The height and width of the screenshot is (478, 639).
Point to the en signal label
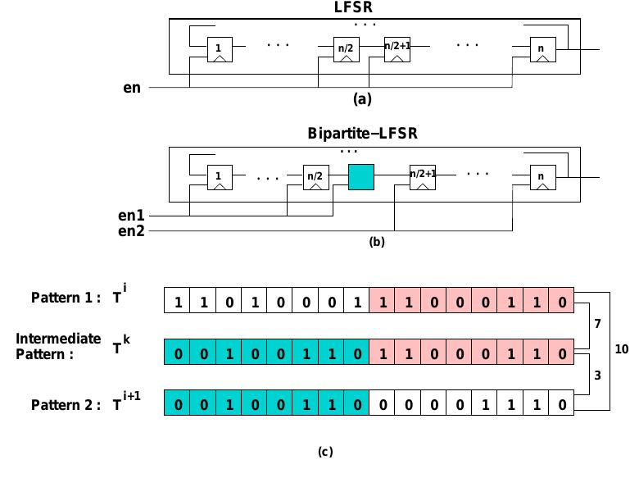(131, 86)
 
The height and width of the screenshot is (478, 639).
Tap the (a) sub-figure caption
(362, 99)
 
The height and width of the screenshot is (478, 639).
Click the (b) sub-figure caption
(376, 243)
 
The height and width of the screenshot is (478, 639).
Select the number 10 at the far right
(622, 349)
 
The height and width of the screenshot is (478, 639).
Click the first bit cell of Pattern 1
(177, 301)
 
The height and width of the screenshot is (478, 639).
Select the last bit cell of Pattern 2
(561, 404)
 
